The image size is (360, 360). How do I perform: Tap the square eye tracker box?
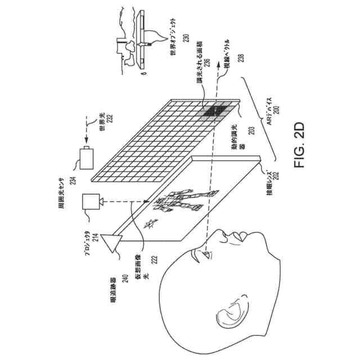click(x=91, y=202)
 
